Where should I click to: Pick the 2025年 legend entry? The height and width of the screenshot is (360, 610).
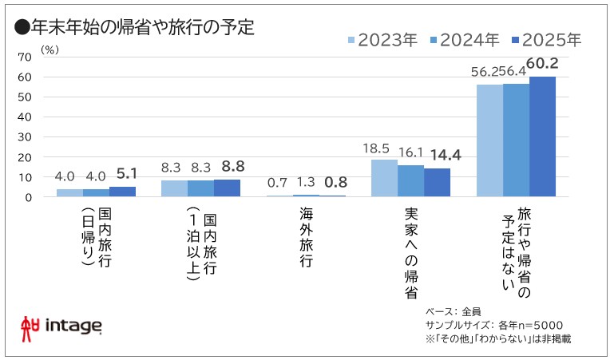549,38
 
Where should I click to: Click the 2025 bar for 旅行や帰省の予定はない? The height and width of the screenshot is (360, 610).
542,136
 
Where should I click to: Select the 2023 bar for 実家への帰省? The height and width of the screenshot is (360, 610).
384,178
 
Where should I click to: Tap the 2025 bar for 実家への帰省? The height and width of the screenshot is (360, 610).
437,182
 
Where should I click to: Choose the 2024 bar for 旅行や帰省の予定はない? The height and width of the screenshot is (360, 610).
516,140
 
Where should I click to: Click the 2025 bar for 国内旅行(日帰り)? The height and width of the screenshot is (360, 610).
122,192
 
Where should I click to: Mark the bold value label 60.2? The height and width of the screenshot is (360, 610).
542,65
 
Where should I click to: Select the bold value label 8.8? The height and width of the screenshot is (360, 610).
228,168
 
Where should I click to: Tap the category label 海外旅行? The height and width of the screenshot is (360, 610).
306,237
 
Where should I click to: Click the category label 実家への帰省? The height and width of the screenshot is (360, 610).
410,254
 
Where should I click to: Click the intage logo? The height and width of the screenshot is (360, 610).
61,326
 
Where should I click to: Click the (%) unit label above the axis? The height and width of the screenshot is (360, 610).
49,49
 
